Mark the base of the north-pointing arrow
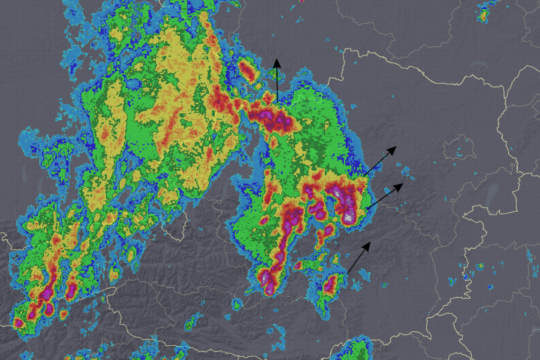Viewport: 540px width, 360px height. tap(277, 103)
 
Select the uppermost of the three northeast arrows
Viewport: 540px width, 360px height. tap(380, 161)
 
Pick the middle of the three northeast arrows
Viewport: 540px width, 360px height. tap(385, 195)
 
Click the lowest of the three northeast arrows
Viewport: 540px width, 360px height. tap(359, 257)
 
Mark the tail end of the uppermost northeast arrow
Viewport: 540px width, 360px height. tap(364, 175)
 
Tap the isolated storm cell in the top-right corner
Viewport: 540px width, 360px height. tap(484, 13)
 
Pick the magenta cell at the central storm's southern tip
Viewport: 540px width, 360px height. tap(268, 281)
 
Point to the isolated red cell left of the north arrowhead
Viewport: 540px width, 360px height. tap(246, 69)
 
